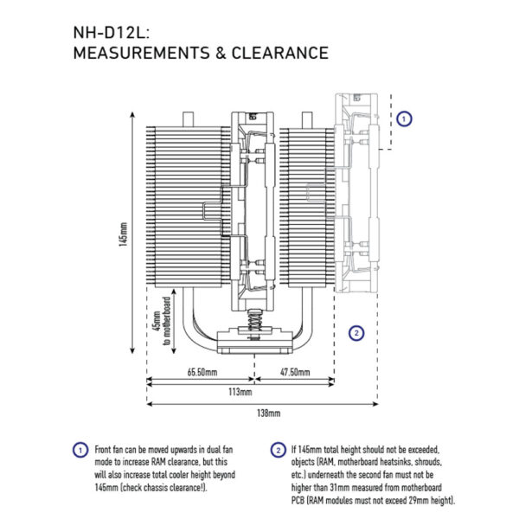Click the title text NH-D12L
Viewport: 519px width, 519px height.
click(111, 33)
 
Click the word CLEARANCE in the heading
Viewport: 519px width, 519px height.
click(279, 53)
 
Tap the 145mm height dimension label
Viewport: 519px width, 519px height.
click(123, 234)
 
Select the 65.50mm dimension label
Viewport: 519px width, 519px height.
click(202, 372)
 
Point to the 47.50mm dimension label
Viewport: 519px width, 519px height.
click(295, 372)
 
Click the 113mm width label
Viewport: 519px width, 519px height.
click(240, 392)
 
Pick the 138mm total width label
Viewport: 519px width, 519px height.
click(268, 413)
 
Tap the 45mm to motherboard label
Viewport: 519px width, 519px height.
click(162, 321)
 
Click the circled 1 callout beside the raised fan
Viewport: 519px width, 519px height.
click(404, 119)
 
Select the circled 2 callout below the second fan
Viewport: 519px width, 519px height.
click(356, 333)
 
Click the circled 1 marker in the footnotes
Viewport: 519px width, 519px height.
click(80, 451)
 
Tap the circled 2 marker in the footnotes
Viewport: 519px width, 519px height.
click(278, 451)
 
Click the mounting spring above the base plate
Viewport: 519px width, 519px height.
click(254, 322)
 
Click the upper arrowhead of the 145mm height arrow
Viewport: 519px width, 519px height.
click(132, 114)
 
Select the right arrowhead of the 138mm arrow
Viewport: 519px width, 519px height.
click(375, 404)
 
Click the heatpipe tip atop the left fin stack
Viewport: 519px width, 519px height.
click(188, 119)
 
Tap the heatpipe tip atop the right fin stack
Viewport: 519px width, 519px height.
click(307, 120)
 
